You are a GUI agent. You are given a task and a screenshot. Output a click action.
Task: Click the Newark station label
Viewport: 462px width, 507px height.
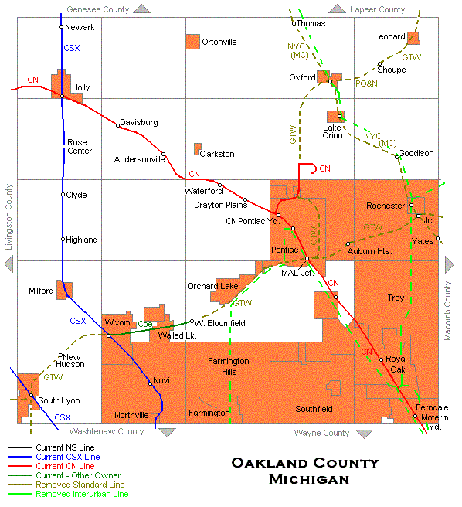(80, 27)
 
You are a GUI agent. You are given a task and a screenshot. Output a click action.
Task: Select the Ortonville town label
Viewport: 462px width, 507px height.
(219, 42)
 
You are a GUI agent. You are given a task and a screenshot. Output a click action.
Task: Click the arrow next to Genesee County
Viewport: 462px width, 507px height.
(142, 9)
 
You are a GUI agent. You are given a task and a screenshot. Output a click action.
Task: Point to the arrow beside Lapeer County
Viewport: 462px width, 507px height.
(338, 9)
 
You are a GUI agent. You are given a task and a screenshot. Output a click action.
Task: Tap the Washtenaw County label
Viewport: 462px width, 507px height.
(107, 432)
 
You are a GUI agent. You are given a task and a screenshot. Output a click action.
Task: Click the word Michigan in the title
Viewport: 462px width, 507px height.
(308, 480)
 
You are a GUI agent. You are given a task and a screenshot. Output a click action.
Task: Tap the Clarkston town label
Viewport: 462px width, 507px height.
(217, 154)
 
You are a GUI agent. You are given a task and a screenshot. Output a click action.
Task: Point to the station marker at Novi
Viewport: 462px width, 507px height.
(150, 383)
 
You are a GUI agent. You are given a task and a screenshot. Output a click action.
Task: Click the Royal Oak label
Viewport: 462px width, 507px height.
(396, 364)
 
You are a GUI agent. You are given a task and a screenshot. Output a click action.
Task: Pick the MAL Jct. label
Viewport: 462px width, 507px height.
(297, 273)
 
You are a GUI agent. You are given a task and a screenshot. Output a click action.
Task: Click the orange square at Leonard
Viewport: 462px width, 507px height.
(413, 37)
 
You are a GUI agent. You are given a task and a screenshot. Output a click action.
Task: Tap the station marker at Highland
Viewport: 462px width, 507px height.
(63, 240)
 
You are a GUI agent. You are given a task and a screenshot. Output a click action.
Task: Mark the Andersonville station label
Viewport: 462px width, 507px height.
(139, 160)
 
